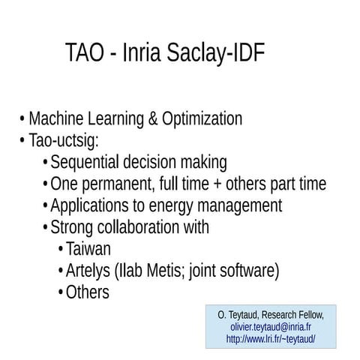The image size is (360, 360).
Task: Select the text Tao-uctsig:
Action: tap(64, 140)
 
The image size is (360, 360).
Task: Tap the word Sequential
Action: tap(91, 162)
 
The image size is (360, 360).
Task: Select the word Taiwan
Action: tap(88, 249)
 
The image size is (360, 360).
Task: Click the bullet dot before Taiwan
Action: tap(60, 250)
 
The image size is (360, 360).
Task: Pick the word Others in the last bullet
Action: tap(88, 292)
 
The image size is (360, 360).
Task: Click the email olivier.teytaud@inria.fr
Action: tap(271, 327)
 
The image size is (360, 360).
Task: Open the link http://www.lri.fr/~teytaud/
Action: tap(271, 339)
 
